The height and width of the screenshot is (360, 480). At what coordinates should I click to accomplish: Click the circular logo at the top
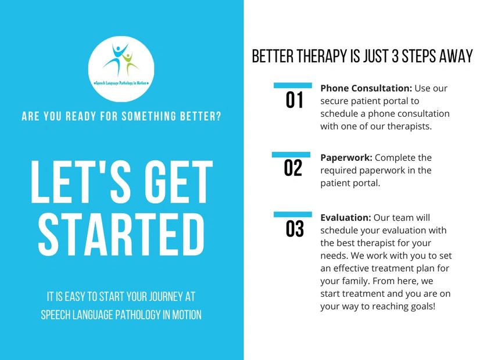(x=121, y=69)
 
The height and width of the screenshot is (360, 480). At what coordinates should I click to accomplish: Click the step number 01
(x=295, y=100)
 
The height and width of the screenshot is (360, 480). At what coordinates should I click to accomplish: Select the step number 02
(x=293, y=168)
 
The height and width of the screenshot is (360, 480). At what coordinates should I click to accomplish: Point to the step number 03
(x=295, y=229)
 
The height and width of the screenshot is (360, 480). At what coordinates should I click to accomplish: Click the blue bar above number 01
(x=293, y=85)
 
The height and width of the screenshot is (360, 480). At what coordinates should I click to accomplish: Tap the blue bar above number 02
(x=291, y=155)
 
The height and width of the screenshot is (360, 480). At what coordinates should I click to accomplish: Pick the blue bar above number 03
(x=293, y=214)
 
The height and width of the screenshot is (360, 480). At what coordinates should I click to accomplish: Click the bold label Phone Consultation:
(x=366, y=88)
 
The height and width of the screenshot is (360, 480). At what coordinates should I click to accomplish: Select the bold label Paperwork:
(x=346, y=158)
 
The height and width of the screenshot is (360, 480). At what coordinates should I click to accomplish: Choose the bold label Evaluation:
(x=346, y=218)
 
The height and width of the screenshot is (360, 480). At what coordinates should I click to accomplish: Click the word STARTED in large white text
(x=121, y=235)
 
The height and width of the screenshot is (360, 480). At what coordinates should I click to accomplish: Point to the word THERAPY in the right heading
(x=322, y=56)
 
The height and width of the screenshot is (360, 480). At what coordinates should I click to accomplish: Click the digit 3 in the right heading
(x=395, y=56)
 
